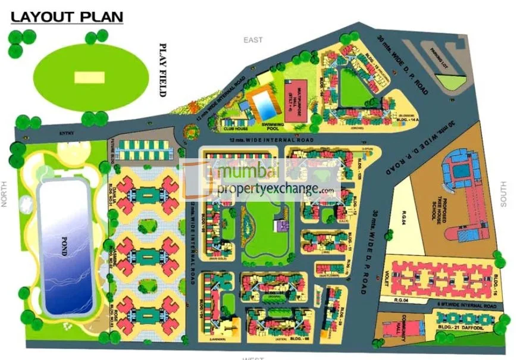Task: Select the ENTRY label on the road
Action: pyautogui.click(x=66, y=133)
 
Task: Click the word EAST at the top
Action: pyautogui.click(x=253, y=40)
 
